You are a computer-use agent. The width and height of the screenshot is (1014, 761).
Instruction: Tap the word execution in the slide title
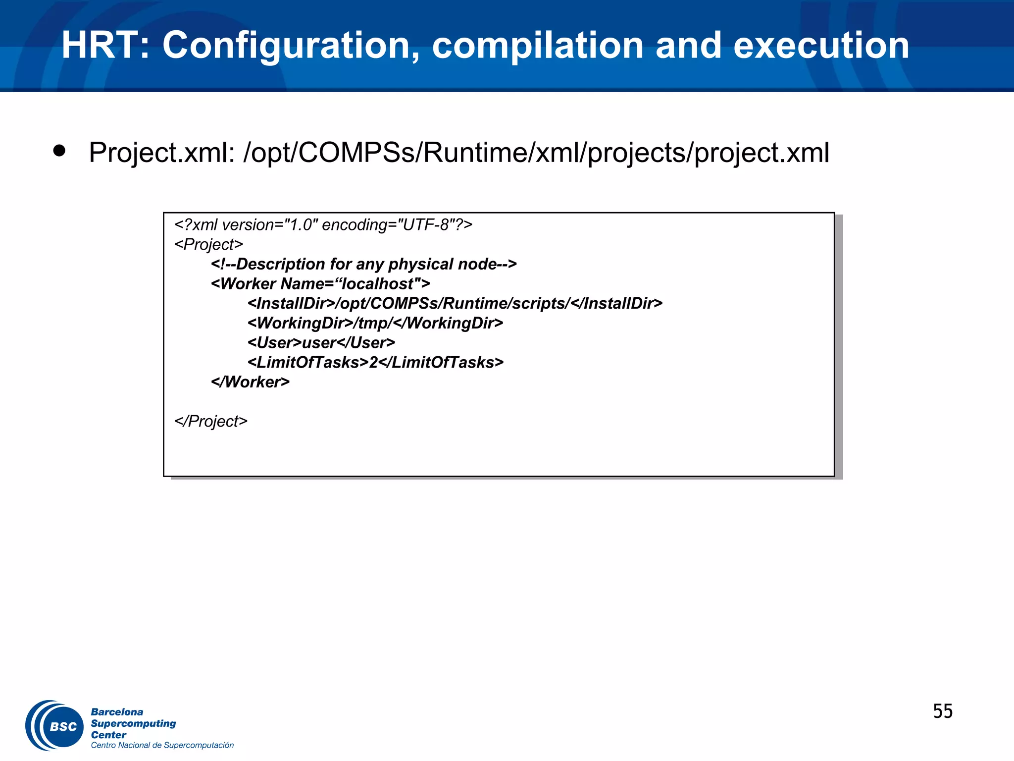pyautogui.click(x=821, y=46)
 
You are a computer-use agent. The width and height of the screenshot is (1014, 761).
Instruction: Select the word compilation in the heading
pyautogui.click(x=538, y=46)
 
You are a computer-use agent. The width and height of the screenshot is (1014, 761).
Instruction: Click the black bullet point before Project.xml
pyautogui.click(x=59, y=151)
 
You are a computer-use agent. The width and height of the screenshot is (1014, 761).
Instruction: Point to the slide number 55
pyautogui.click(x=942, y=711)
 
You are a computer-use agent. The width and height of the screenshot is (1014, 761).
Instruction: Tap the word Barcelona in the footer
pyautogui.click(x=117, y=712)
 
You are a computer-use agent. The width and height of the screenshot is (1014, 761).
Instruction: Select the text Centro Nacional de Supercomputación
pyautogui.click(x=162, y=745)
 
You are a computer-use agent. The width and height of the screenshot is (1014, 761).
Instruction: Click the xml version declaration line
pyautogui.click(x=323, y=225)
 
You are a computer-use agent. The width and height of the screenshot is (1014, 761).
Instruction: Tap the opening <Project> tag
pyautogui.click(x=208, y=245)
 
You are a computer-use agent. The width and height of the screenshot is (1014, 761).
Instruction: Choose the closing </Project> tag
pyautogui.click(x=210, y=421)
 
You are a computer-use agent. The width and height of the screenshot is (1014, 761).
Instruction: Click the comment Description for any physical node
pyautogui.click(x=363, y=264)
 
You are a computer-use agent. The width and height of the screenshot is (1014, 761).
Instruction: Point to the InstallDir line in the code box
pyautogui.click(x=455, y=303)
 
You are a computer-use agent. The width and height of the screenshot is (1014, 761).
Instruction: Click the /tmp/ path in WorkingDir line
pyautogui.click(x=372, y=323)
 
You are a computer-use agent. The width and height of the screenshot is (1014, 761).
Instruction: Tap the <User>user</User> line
pyautogui.click(x=321, y=343)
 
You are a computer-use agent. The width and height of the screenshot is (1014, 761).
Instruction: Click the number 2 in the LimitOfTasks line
pyautogui.click(x=373, y=363)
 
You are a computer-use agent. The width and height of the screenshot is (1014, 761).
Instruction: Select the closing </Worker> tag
pyautogui.click(x=250, y=382)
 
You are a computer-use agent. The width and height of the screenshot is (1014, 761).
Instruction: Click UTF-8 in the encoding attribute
pyautogui.click(x=425, y=225)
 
